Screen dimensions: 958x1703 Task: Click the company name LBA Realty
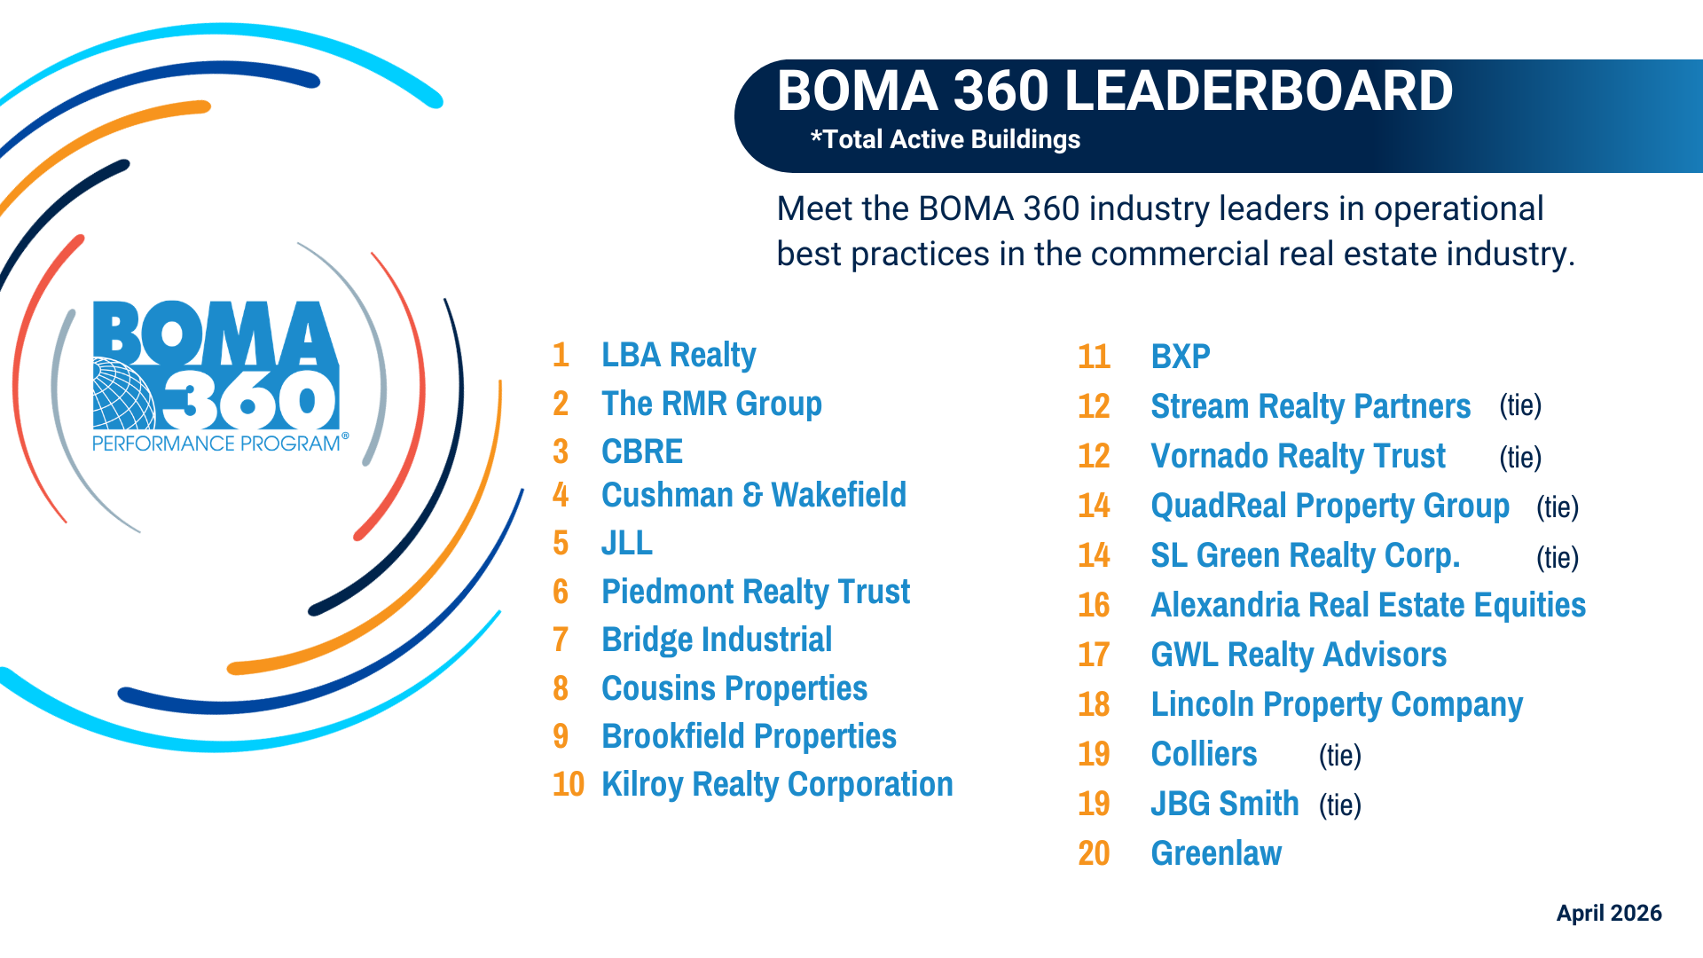[679, 355]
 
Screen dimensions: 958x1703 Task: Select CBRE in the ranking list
[642, 452]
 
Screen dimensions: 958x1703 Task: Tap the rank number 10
[568, 784]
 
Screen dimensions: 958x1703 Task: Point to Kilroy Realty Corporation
[777, 784]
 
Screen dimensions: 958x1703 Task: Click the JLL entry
[627, 543]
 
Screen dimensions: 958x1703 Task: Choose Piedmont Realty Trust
[756, 592]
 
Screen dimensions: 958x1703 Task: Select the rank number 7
[561, 640]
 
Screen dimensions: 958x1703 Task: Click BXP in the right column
[1181, 357]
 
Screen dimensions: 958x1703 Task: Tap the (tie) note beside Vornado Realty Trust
[1520, 457]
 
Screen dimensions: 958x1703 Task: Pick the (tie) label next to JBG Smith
[1339, 805]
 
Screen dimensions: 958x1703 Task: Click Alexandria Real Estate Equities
[1368, 605]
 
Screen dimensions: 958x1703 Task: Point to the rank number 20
[1094, 853]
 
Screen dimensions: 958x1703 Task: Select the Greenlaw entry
[1216, 853]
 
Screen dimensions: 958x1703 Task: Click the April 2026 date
[1609, 913]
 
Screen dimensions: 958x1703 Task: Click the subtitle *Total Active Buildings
[946, 139]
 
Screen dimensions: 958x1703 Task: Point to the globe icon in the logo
[122, 394]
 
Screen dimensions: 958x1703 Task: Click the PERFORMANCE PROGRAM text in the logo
[216, 444]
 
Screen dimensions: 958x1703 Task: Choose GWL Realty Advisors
[1299, 655]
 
